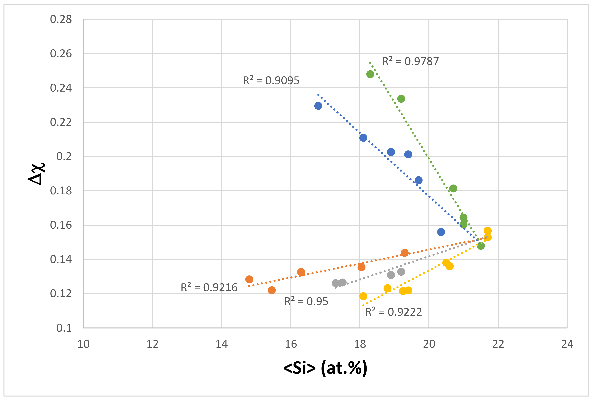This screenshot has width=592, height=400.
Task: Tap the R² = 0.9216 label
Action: point(209,287)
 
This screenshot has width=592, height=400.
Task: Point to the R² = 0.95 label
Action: point(306,301)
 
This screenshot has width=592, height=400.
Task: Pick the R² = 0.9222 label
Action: point(394,312)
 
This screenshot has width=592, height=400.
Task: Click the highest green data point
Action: point(370,74)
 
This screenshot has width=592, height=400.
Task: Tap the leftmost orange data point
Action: point(249,279)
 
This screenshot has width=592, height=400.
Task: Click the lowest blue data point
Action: point(441,232)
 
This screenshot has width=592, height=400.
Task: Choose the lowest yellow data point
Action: point(363,296)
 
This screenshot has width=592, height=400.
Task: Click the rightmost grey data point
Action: point(401,272)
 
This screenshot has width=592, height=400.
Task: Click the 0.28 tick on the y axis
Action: point(61,19)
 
